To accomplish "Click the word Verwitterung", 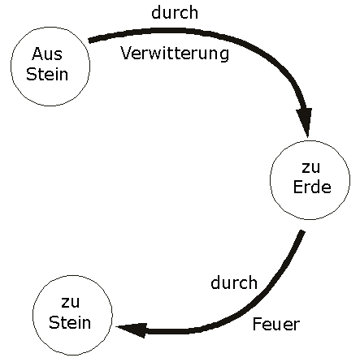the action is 175,54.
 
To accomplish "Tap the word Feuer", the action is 276,324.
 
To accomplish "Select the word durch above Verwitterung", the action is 175,12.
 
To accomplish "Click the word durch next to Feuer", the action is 234,282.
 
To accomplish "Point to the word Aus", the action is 47,54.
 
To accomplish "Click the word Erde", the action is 312,187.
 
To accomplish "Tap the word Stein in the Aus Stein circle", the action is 47,74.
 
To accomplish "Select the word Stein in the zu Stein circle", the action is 70,322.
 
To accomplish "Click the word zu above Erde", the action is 310,167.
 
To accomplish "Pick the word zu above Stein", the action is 71,303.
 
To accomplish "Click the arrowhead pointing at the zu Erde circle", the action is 305,121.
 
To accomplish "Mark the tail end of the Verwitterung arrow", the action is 89,41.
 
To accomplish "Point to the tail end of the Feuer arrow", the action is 302,231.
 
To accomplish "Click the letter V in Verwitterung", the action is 126,53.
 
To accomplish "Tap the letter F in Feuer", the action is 257,324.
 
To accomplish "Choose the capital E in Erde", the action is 298,187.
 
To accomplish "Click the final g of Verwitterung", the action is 224,55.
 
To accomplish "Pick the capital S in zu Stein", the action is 54,322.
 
